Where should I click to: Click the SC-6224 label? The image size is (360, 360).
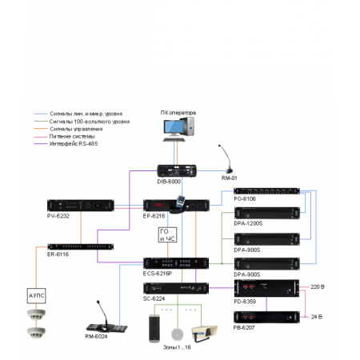pyautogui.click(x=154, y=298)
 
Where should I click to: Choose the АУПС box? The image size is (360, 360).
pyautogui.click(x=36, y=294)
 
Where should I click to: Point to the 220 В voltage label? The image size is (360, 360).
pyautogui.click(x=318, y=285)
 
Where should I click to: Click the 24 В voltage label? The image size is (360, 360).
pyautogui.click(x=316, y=316)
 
